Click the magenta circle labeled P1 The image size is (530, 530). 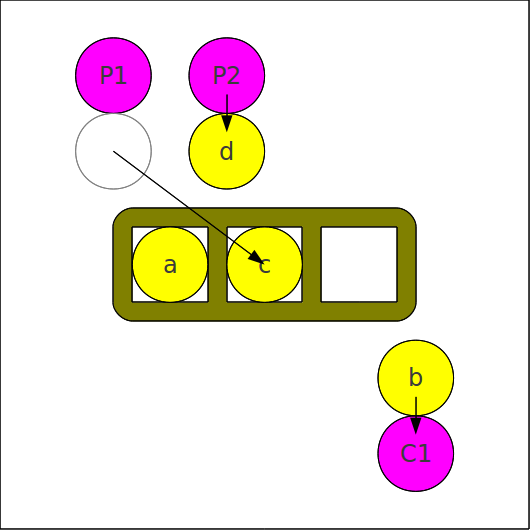coord(113,75)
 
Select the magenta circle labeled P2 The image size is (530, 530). coord(226,75)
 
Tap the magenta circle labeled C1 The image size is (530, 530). coord(416,453)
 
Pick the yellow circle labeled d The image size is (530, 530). coord(226,151)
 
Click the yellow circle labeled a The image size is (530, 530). coord(170,264)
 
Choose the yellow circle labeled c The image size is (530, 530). coord(264,264)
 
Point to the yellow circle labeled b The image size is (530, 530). coord(416,378)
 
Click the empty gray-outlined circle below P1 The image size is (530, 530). coord(113,151)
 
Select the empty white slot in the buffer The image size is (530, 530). coord(359,264)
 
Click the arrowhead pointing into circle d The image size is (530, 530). coord(226,123)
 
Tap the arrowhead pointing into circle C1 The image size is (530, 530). coord(416,426)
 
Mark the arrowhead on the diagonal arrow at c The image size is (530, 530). coord(256,258)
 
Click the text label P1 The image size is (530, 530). coord(113,75)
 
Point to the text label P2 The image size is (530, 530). coord(226,75)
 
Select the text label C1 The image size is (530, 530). coord(416,453)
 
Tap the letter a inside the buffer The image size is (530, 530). coord(170,266)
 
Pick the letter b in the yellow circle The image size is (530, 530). coord(416,377)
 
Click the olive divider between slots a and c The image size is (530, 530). coord(217,264)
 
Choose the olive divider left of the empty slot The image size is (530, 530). coord(312,264)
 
